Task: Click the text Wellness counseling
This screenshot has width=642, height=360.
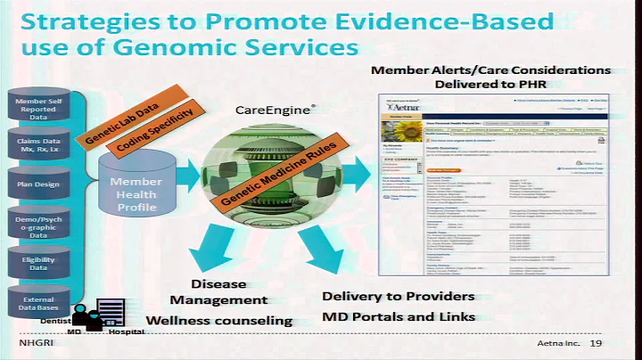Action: [x=218, y=320]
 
